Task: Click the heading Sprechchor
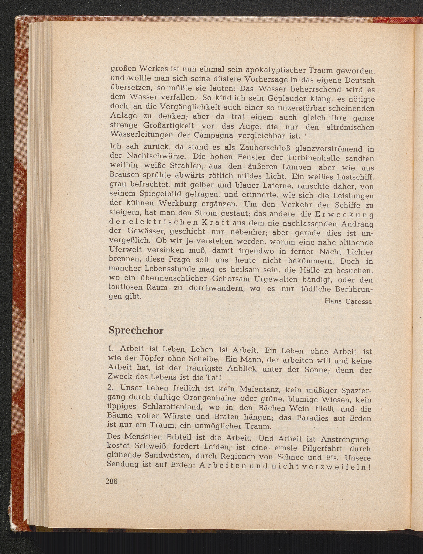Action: [x=136, y=330]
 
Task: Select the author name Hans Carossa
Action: [x=348, y=301]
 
